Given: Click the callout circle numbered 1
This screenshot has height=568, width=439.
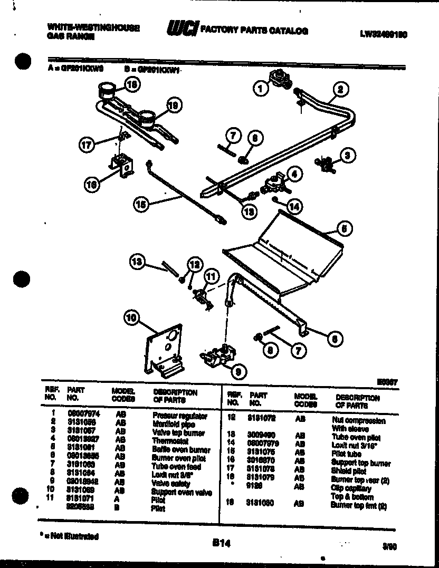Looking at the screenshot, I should [x=260, y=89].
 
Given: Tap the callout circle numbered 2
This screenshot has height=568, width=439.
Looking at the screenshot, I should [x=340, y=89].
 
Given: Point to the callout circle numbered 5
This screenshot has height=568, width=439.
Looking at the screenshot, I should [x=344, y=228].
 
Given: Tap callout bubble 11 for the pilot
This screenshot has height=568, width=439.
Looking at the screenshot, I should [x=211, y=276].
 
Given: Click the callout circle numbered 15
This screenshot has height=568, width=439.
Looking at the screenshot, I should [x=140, y=205].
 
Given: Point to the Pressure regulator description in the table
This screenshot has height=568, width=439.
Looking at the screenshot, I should [x=179, y=416].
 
